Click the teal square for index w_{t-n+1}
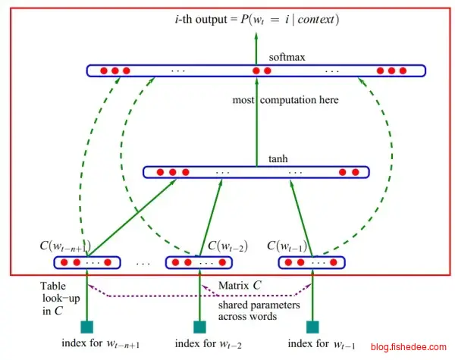(x=87, y=327)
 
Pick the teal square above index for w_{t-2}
(x=200, y=327)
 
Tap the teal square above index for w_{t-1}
(x=312, y=327)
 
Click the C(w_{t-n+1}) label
(x=67, y=246)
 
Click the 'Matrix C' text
(x=240, y=285)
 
